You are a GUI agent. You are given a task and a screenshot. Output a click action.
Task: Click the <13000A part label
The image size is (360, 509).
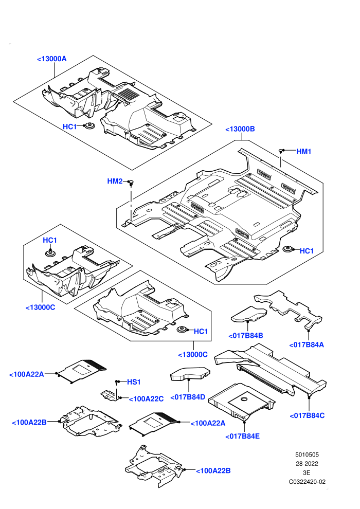[51, 59]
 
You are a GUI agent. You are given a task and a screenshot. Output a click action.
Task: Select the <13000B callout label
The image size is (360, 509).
[240, 129]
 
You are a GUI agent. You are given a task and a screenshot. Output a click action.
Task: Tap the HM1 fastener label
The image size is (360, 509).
[304, 151]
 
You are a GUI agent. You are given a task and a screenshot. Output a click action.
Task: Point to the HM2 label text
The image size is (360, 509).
[115, 181]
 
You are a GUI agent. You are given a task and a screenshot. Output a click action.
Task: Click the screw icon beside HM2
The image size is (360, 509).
[131, 183]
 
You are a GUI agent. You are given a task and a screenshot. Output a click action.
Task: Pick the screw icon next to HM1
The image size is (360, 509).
[282, 151]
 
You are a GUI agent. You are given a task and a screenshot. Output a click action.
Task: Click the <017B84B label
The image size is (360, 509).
[246, 336]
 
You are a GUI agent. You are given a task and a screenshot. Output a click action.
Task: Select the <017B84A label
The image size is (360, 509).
[307, 345]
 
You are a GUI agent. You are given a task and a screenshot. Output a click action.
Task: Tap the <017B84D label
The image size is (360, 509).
[188, 397]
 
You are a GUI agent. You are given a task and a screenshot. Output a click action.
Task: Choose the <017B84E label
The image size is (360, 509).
[243, 437]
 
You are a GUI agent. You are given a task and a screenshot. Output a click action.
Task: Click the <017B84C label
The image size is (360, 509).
[307, 415]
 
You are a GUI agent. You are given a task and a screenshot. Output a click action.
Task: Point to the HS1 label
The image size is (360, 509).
[134, 382]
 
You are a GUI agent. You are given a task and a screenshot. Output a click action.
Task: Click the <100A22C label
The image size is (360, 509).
[147, 399]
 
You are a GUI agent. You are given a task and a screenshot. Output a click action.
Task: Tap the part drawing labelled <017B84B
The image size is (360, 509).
[249, 314]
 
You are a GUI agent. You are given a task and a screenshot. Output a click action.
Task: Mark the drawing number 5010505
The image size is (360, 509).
[307, 455]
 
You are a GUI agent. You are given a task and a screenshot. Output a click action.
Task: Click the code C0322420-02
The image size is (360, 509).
[307, 482]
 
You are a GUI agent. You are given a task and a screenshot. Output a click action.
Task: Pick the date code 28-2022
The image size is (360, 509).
[307, 464]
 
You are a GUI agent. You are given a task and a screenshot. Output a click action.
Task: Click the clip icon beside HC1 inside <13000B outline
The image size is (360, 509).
[287, 249]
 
